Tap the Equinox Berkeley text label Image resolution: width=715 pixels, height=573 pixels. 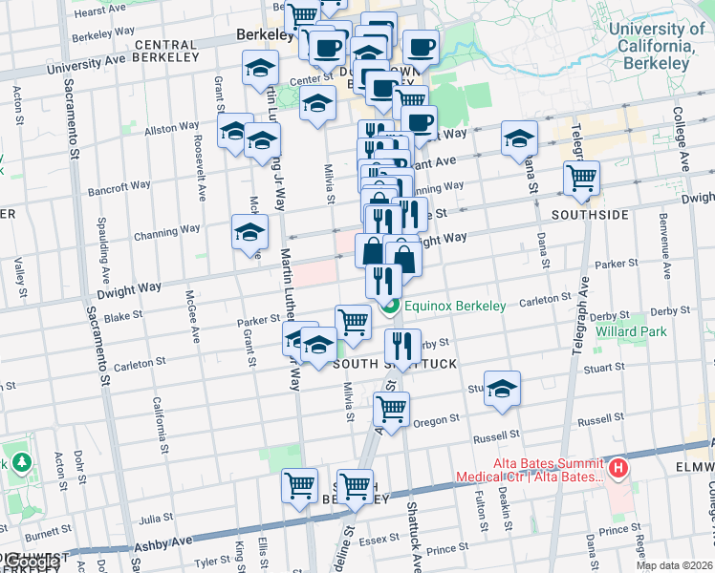pyautogui.click(x=454, y=307)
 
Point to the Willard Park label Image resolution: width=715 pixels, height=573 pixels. pyautogui.click(x=625, y=331)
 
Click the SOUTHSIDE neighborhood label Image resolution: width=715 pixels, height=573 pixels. pyautogui.click(x=589, y=215)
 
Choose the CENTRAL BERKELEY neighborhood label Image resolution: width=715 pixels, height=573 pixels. pyautogui.click(x=179, y=45)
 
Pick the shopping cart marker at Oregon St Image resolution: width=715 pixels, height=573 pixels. pyautogui.click(x=392, y=409)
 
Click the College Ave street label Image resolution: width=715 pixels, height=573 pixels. pyautogui.click(x=680, y=138)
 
